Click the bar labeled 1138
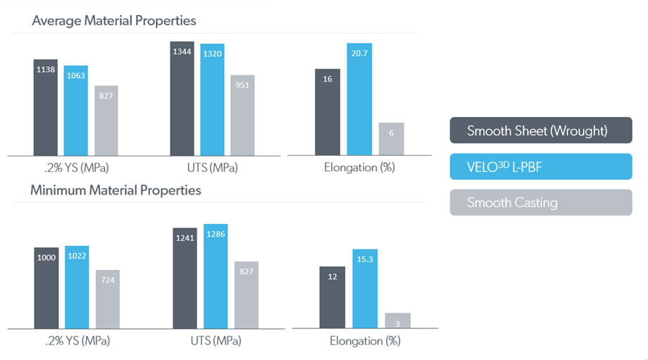point(46,107)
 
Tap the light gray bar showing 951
point(242,115)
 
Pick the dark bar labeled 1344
point(182,99)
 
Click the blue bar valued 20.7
point(359,99)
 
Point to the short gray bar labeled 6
point(391,139)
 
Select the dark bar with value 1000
point(46,287)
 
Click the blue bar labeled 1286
point(216,276)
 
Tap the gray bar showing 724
point(108,299)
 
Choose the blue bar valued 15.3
point(365,288)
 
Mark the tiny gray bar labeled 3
point(398,321)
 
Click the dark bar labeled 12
point(332,297)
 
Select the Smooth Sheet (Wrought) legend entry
point(540,131)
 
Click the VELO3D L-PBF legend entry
point(540,167)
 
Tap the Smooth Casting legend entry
point(540,202)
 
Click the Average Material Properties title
point(114,21)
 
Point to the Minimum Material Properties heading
point(116,190)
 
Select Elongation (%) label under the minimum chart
point(365,341)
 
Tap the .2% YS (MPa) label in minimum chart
point(77,341)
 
